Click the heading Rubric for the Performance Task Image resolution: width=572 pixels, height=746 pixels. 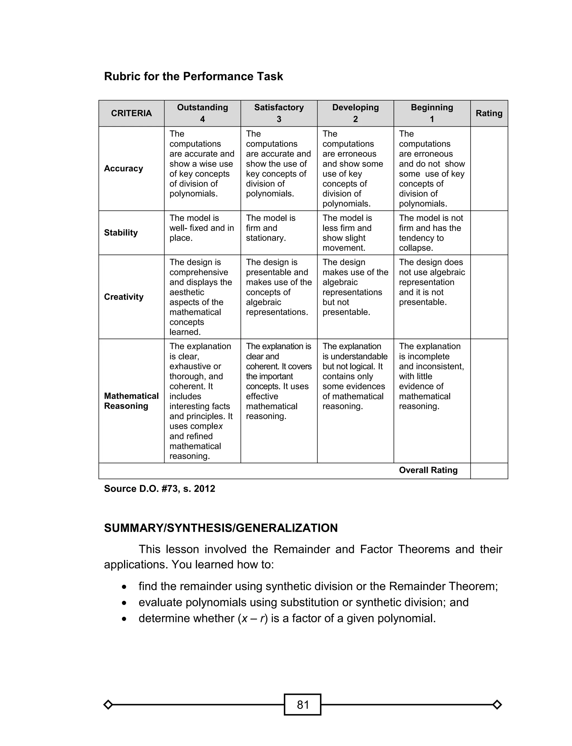click(193, 76)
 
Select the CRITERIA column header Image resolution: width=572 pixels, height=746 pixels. click(132, 113)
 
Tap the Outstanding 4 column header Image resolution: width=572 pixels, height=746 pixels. click(202, 113)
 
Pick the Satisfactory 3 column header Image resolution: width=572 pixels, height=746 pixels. click(279, 113)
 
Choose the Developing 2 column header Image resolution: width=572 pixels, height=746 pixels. click(356, 113)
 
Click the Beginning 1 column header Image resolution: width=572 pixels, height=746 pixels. click(432, 113)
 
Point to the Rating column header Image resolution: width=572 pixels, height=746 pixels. click(489, 113)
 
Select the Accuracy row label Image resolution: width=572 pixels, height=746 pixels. click(124, 169)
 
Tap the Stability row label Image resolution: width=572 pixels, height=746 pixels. click(121, 233)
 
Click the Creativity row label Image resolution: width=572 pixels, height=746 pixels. click(124, 297)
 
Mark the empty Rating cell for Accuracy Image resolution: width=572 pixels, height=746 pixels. click(489, 169)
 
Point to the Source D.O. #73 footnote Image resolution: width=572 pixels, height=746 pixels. click(159, 489)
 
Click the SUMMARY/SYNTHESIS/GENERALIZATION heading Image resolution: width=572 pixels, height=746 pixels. click(221, 528)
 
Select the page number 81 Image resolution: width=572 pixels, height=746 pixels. click(302, 704)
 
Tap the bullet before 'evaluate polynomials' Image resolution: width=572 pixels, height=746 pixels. click(124, 603)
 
